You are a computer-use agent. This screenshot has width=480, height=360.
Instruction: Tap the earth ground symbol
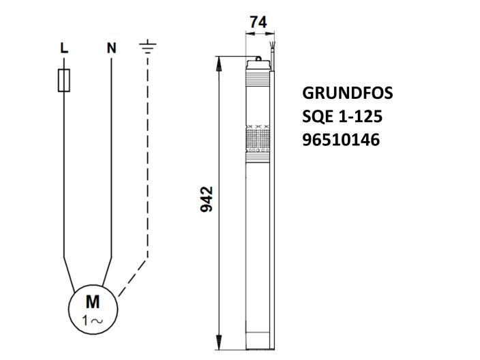click(x=147, y=46)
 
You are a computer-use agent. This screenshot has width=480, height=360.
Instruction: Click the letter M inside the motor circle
click(x=92, y=301)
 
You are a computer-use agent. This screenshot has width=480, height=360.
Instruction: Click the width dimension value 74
click(x=258, y=22)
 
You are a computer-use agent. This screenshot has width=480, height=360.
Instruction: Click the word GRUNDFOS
click(x=347, y=93)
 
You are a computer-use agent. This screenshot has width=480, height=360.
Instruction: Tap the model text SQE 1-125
click(x=342, y=117)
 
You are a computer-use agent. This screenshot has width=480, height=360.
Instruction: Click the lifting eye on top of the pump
click(x=259, y=58)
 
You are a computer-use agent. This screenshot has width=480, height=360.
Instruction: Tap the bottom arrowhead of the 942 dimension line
click(x=220, y=339)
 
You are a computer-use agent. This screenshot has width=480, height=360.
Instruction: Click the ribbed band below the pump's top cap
click(x=258, y=86)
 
